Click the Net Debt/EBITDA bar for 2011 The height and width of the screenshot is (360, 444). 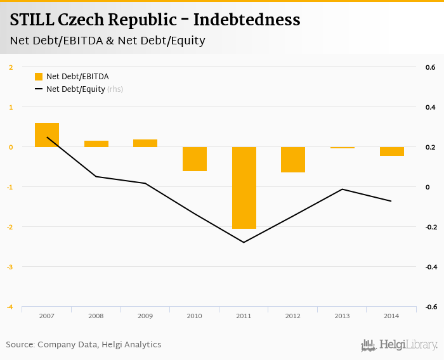point(244,188)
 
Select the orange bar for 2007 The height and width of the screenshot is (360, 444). point(47,135)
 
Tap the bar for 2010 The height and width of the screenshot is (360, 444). point(195,159)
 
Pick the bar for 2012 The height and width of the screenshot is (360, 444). point(293,160)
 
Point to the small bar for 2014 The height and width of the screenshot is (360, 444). point(391,151)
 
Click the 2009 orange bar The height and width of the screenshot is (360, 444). point(145,143)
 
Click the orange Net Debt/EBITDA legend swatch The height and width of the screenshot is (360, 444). point(39,77)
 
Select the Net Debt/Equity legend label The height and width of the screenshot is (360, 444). point(75,89)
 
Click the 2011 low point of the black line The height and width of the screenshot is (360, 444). point(244,242)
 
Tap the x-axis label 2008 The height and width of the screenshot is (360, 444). point(96,316)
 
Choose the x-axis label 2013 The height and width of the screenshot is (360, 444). point(342,316)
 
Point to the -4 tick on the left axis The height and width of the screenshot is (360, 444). point(10,307)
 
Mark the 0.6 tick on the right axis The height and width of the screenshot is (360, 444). point(429,67)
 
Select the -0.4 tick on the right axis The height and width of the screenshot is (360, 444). point(429,267)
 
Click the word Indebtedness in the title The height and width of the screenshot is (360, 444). point(247,20)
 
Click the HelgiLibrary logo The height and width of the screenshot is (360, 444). point(400,345)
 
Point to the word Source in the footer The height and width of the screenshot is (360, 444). point(20,345)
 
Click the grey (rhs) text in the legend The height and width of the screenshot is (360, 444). point(115,89)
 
